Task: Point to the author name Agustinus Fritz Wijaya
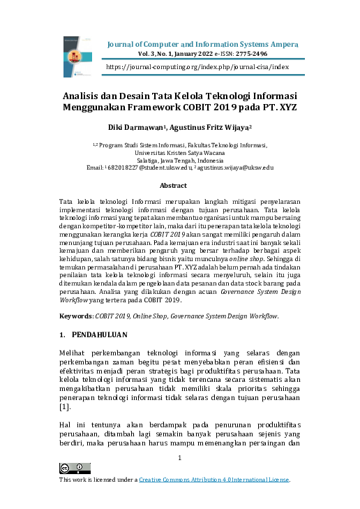206,128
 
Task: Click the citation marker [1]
64,406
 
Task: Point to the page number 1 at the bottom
179,458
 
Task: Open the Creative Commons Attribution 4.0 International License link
213,480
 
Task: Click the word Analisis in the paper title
83,96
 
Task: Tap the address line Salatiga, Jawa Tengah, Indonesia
179,160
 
